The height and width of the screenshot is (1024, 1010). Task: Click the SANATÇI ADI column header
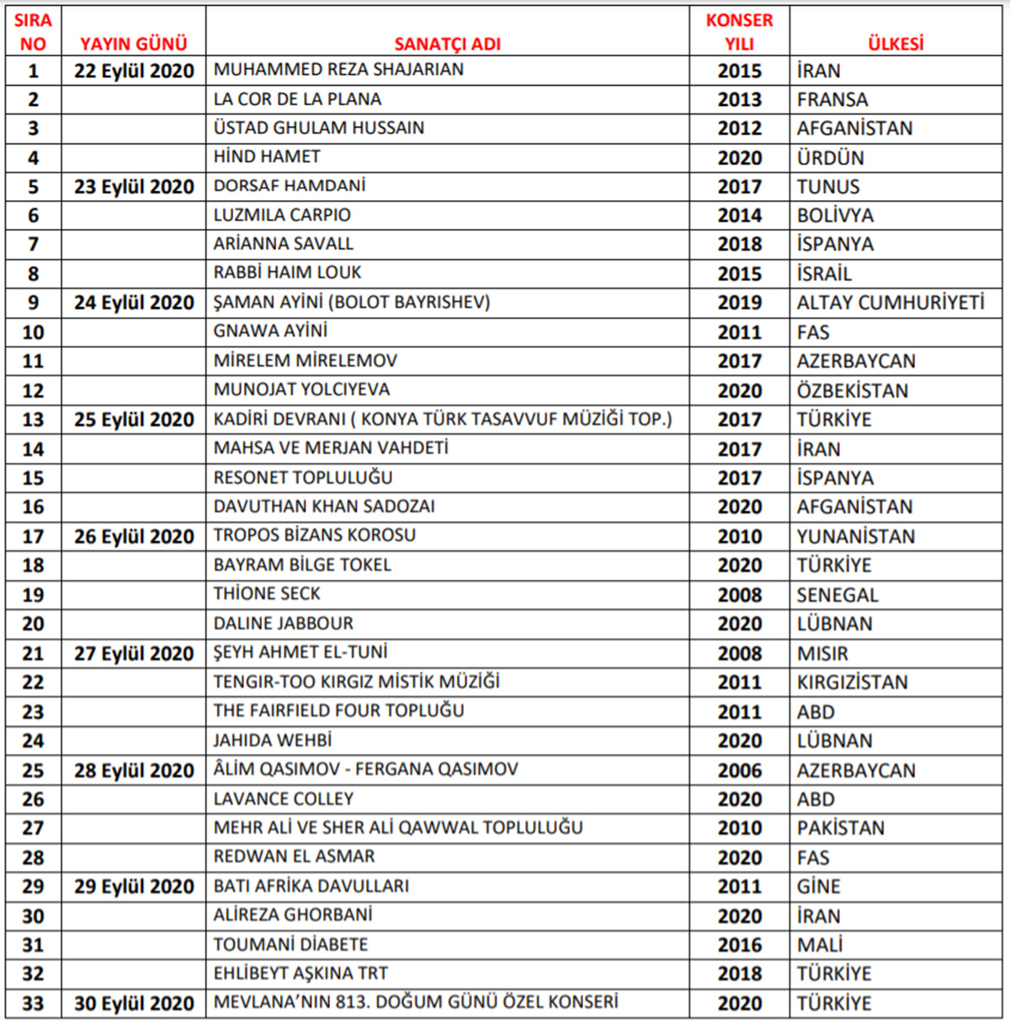tap(447, 44)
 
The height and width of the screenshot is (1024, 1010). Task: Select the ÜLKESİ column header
tap(896, 44)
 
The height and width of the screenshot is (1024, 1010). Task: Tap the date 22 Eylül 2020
tap(134, 71)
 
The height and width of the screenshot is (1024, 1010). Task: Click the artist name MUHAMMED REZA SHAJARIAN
tap(338, 70)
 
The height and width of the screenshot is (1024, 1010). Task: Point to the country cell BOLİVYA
tap(835, 215)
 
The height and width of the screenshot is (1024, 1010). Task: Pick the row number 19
tap(33, 595)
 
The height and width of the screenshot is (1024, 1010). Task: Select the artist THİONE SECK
tap(267, 594)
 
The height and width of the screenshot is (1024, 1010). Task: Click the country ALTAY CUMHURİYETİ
tap(890, 303)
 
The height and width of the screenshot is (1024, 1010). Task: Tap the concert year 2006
tap(739, 770)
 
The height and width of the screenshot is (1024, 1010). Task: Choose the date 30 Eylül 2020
tap(134, 1003)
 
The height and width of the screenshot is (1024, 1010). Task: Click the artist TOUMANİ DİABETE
tap(290, 944)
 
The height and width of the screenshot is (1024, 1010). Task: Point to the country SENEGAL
tap(837, 595)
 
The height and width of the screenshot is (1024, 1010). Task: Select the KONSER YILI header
tap(739, 32)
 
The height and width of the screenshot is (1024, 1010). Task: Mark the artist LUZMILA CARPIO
tap(282, 215)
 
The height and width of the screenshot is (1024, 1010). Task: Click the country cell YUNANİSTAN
tap(855, 536)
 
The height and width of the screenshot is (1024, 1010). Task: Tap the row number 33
tap(33, 1003)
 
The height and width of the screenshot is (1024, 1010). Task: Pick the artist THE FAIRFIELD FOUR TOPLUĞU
tap(338, 711)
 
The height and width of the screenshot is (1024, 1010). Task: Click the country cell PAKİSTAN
tap(840, 828)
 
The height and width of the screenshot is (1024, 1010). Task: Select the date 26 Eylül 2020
tap(134, 536)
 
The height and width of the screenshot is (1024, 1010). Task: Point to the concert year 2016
tap(739, 945)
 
